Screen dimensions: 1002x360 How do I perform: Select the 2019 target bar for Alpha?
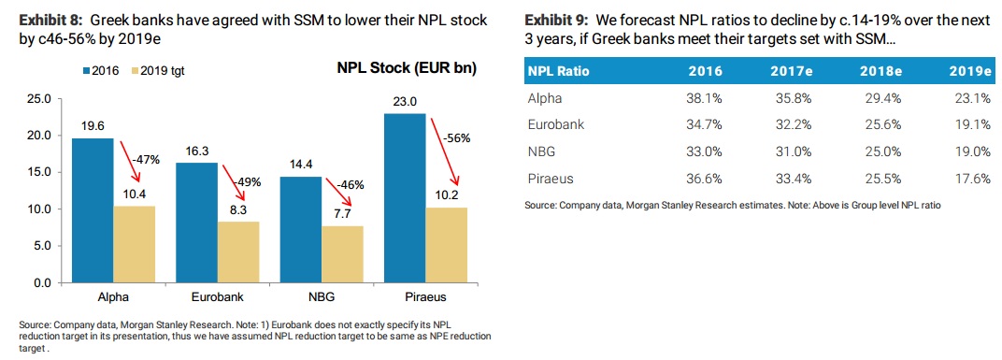135,244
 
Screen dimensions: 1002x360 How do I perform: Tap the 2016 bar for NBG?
300,229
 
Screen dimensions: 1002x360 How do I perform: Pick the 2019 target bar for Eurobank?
238,252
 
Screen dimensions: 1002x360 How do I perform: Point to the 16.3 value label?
197,152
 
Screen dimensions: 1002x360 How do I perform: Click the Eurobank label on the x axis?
217,297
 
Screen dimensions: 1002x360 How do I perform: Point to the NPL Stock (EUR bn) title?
407,68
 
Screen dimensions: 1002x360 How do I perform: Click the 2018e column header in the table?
880,72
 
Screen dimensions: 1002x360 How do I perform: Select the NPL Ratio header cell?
559,72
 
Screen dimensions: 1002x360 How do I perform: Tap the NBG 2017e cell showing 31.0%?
794,152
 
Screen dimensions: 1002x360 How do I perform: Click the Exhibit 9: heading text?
554,22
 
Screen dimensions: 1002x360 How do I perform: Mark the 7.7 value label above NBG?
343,214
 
